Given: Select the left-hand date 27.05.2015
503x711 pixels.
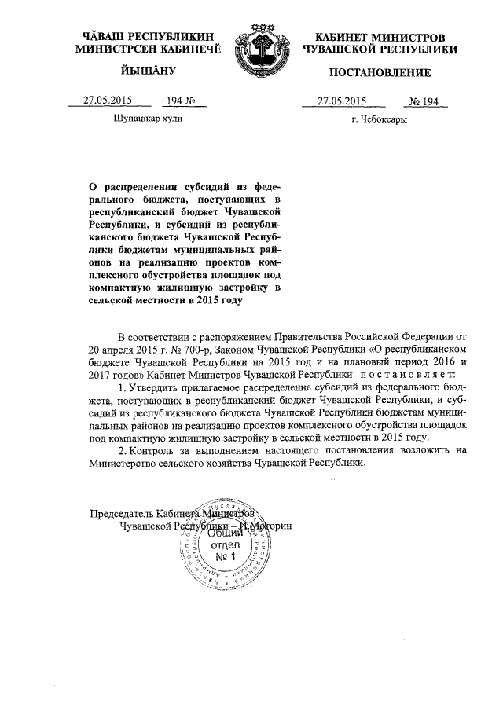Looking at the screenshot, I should (108, 101).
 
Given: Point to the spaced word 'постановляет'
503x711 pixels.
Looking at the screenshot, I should (404, 373).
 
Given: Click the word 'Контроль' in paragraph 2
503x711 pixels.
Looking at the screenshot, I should (156, 450).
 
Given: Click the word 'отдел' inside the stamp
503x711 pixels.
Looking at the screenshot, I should (226, 544).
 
